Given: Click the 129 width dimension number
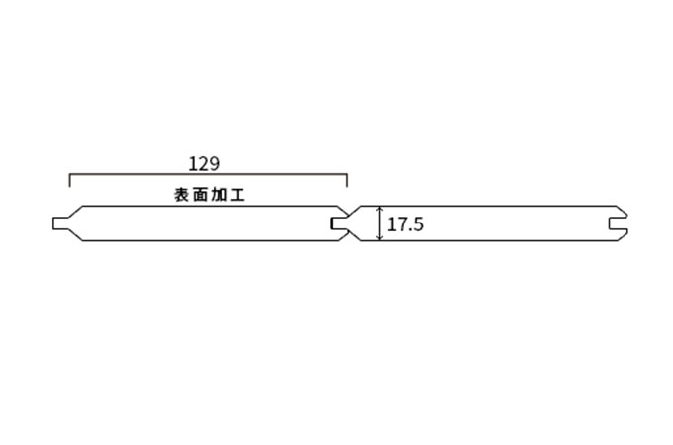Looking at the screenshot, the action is [x=204, y=164].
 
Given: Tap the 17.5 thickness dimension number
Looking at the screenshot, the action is [x=405, y=224].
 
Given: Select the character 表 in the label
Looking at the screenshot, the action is [x=181, y=195].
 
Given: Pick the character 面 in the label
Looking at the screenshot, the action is [x=200, y=195].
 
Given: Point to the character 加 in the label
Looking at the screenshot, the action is [x=219, y=195].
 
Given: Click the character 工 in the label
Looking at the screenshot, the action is [x=238, y=195].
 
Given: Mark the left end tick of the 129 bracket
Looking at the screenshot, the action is [x=70, y=181].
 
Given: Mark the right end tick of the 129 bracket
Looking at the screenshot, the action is [x=347, y=181].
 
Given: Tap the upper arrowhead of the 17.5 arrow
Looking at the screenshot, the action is [x=379, y=209].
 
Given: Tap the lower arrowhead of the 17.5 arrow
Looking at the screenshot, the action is [x=379, y=237].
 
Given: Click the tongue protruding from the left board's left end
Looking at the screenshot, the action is [x=59, y=223].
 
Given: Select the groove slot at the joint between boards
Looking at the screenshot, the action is [x=337, y=223].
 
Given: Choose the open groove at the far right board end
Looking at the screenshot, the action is [x=618, y=223].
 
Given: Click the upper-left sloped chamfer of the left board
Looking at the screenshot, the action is [x=74, y=212].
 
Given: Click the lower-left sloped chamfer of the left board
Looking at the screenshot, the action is [x=74, y=235].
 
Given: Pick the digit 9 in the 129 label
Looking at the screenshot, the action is [x=215, y=164].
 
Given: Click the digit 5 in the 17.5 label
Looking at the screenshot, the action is [x=418, y=225].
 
